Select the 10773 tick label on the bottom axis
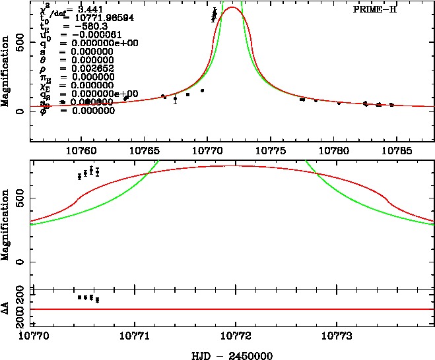pos(337,336)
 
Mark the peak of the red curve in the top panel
pos(232,7)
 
